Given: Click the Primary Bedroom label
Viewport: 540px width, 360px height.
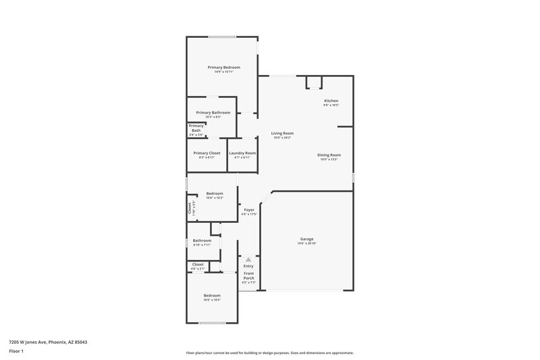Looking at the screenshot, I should click(x=223, y=68).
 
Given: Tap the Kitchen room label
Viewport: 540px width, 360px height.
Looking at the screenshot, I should click(x=331, y=101).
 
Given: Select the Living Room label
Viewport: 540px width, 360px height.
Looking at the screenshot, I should click(x=282, y=134).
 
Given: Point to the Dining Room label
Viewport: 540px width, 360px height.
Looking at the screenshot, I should click(x=329, y=155).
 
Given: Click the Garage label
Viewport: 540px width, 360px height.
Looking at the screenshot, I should click(x=306, y=239).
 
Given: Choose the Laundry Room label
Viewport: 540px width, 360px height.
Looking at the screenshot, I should click(x=242, y=153).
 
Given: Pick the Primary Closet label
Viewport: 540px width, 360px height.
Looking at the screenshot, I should click(x=207, y=153).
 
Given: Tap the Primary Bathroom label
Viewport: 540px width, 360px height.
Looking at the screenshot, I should click(x=213, y=112).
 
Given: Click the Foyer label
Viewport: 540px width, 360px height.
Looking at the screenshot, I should click(x=249, y=210).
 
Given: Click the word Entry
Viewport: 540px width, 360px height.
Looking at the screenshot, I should click(x=248, y=266).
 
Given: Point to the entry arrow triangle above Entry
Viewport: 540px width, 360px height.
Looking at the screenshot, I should click(x=248, y=259).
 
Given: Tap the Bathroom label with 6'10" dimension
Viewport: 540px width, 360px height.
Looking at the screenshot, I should click(x=202, y=240).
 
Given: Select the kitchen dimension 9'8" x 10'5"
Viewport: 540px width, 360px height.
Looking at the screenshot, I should click(x=331, y=105).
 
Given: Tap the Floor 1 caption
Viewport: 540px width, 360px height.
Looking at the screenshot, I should click(x=17, y=352).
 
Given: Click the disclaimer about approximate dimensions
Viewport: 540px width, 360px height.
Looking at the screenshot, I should click(x=270, y=353).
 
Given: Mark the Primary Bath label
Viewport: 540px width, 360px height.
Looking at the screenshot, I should click(x=196, y=128).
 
